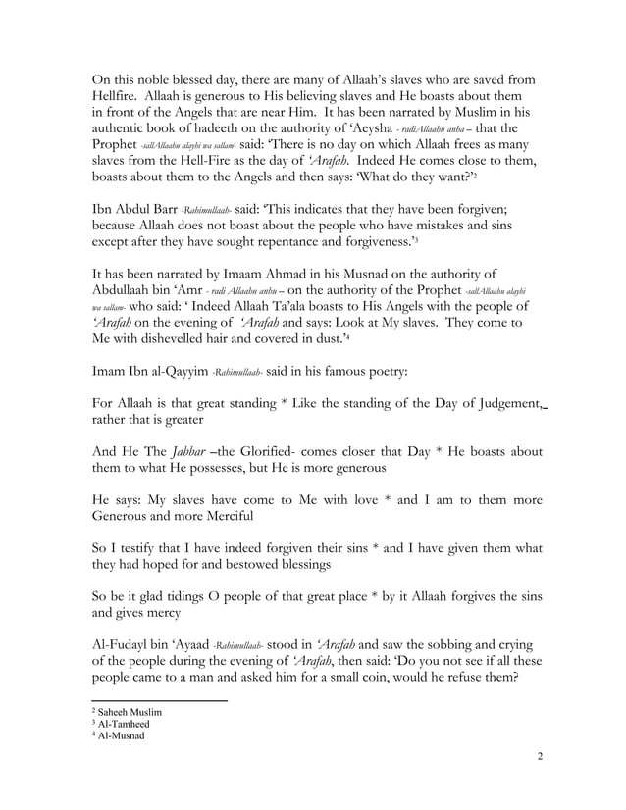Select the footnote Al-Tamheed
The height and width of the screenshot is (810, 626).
126,723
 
